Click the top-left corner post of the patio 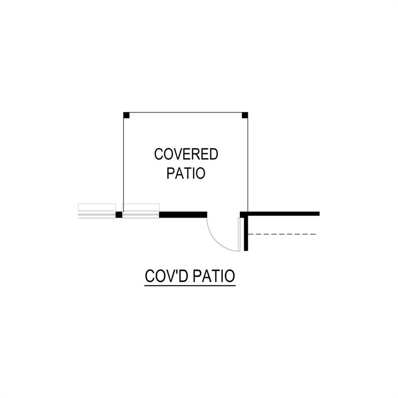click(x=126, y=115)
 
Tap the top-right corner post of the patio click(x=245, y=115)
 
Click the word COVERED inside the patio click(x=186, y=154)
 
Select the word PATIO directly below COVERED click(x=186, y=173)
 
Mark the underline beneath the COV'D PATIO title click(x=190, y=286)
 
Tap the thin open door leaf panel click(x=239, y=235)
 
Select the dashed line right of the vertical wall click(x=282, y=234)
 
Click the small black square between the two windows click(x=119, y=215)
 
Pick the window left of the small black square click(x=97, y=211)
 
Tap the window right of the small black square click(x=141, y=211)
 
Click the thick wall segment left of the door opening click(x=183, y=215)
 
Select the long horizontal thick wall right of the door click(x=280, y=214)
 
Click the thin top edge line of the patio click(x=186, y=112)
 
